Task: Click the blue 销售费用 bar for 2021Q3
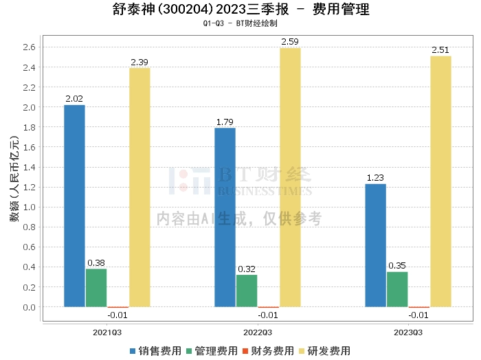point(74,205)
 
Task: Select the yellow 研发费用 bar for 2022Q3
point(290,177)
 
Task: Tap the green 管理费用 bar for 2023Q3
point(397,289)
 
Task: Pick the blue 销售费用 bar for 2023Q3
point(375,245)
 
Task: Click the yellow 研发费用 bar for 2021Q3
point(139,188)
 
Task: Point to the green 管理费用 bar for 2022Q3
point(247,291)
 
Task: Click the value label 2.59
point(290,42)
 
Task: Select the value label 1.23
point(375,178)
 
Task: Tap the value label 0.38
point(96,263)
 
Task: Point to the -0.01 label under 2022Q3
point(268,315)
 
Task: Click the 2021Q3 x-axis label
point(107,333)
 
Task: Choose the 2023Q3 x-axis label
point(408,333)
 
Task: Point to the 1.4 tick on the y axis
point(29,168)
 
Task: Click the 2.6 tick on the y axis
point(29,47)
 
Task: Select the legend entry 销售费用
point(155,351)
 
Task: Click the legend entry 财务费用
point(268,351)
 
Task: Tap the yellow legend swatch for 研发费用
point(302,351)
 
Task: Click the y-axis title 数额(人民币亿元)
point(14,179)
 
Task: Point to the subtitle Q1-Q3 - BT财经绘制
point(240,23)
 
